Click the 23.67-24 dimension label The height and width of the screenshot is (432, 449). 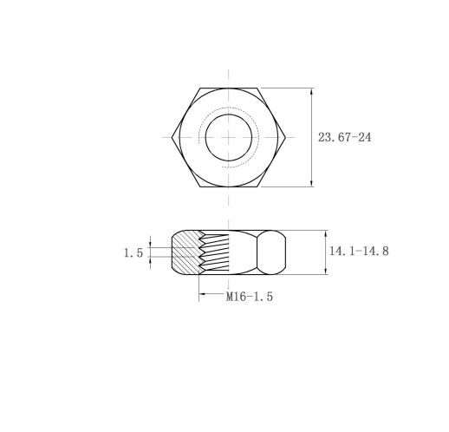coord(344,137)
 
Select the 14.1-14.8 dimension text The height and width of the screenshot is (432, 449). coord(359,251)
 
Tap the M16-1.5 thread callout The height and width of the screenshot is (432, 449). coord(250,297)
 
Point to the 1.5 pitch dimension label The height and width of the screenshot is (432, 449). coord(133,253)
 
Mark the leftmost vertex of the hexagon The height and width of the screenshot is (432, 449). coord(172,137)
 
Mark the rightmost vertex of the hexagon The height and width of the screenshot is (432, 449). coord(286,137)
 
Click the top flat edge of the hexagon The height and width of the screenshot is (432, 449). coord(229,88)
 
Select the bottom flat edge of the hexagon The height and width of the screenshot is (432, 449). coord(229,187)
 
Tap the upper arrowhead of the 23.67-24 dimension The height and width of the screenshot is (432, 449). coord(311,91)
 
